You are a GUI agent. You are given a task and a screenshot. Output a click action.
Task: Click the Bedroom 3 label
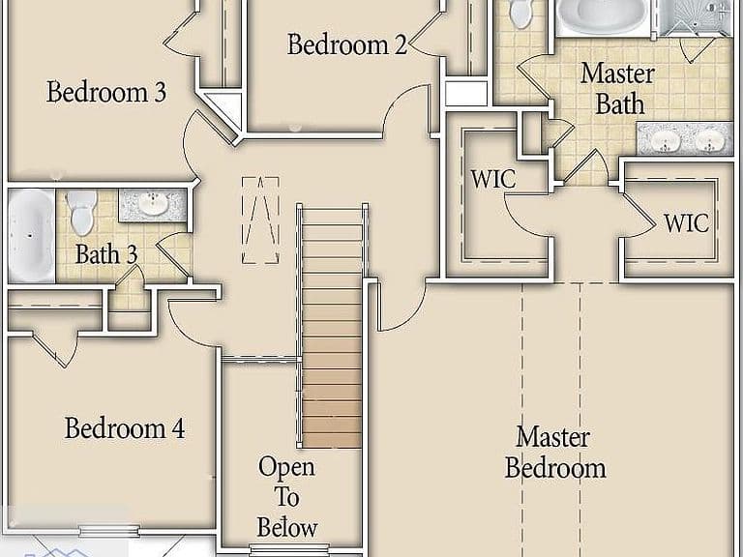(x=106, y=92)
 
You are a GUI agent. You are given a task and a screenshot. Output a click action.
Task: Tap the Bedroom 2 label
(x=347, y=44)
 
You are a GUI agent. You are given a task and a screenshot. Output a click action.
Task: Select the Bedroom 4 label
(x=124, y=427)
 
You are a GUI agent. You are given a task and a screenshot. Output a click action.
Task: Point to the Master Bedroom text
(x=555, y=453)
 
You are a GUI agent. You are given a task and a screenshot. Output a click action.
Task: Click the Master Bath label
(x=618, y=89)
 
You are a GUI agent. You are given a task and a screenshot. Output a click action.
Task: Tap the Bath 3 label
(x=106, y=254)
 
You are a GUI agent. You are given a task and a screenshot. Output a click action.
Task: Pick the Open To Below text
(x=286, y=497)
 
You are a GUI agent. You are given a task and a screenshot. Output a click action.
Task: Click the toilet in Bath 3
(x=81, y=212)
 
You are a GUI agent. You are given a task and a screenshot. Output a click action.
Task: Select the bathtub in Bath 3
(x=32, y=235)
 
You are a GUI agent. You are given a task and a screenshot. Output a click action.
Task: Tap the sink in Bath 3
(x=153, y=204)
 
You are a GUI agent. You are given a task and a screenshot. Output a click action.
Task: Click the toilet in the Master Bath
(x=520, y=14)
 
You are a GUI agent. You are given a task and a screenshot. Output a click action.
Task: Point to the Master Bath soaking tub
(x=604, y=16)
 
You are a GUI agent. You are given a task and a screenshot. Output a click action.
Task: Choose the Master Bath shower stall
(x=696, y=17)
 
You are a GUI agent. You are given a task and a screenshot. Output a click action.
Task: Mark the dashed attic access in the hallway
(x=260, y=220)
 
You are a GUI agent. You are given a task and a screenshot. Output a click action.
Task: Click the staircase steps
(x=332, y=328)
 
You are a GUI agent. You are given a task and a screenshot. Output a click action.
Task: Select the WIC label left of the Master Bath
(x=492, y=179)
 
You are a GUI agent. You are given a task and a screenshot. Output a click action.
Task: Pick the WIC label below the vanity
(x=686, y=222)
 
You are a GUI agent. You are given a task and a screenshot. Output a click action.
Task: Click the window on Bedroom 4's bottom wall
(x=109, y=531)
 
